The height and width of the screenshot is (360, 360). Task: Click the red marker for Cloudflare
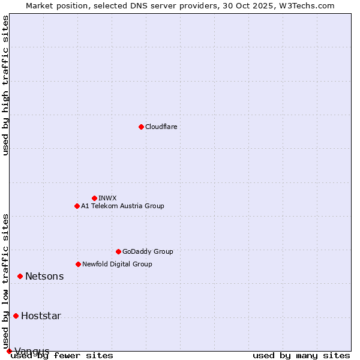141,127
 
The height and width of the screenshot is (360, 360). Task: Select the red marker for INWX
94,198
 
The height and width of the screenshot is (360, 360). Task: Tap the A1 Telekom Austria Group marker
77,206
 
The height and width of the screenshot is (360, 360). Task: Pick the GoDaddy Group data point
118,251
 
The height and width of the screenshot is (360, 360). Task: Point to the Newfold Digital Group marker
78,264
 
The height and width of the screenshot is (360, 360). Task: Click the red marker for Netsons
20,276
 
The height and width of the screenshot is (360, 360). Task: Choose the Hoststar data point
16,316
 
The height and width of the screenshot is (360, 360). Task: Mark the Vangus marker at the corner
9,351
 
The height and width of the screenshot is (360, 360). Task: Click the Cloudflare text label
161,127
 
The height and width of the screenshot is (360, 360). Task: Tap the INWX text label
107,198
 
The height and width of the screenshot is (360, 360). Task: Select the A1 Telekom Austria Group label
122,206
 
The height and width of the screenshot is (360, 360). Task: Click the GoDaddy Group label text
148,251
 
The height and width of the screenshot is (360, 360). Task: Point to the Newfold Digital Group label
117,264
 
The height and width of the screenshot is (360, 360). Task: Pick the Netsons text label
44,276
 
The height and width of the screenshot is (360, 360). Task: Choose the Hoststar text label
41,316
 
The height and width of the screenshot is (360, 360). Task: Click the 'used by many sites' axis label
301,355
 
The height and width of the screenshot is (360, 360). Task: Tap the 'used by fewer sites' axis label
62,355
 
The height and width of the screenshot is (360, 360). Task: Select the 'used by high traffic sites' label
5,85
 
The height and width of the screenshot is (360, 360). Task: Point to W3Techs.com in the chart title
307,5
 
